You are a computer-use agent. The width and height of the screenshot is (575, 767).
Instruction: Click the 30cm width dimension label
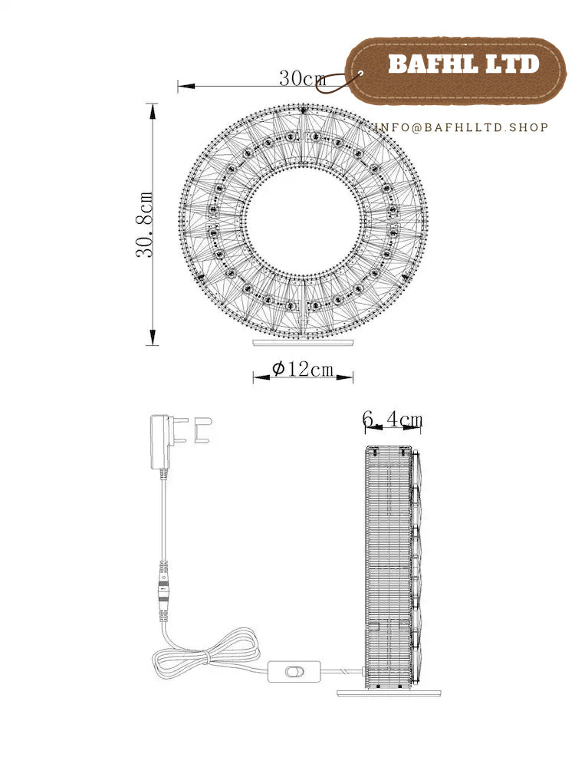point(303,78)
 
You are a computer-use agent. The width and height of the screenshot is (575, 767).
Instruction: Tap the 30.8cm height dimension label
point(145,225)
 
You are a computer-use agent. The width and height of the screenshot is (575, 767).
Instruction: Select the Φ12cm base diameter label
point(303,368)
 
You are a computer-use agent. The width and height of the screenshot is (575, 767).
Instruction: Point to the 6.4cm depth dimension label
point(392,420)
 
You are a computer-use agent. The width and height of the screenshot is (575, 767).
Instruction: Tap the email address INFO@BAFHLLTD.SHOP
point(461,127)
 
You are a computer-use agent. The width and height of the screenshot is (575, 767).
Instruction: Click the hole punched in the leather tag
point(361,74)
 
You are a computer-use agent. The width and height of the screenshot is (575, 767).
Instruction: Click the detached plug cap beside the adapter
point(202,430)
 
